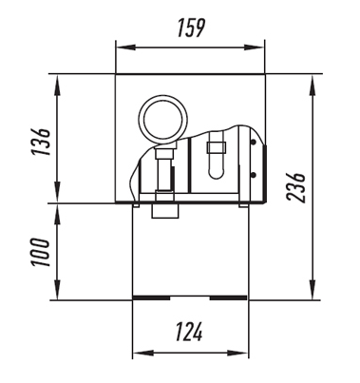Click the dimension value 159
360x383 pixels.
(x=191, y=28)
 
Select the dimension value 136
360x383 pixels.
(x=41, y=142)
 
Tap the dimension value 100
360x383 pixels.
(x=41, y=252)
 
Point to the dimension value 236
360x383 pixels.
(x=295, y=187)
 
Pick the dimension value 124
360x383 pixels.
(x=189, y=332)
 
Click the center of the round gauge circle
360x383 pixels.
(x=162, y=120)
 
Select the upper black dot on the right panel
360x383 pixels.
(x=254, y=143)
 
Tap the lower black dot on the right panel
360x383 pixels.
(x=254, y=175)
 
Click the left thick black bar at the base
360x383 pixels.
(x=151, y=297)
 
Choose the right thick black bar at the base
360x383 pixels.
(x=228, y=297)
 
